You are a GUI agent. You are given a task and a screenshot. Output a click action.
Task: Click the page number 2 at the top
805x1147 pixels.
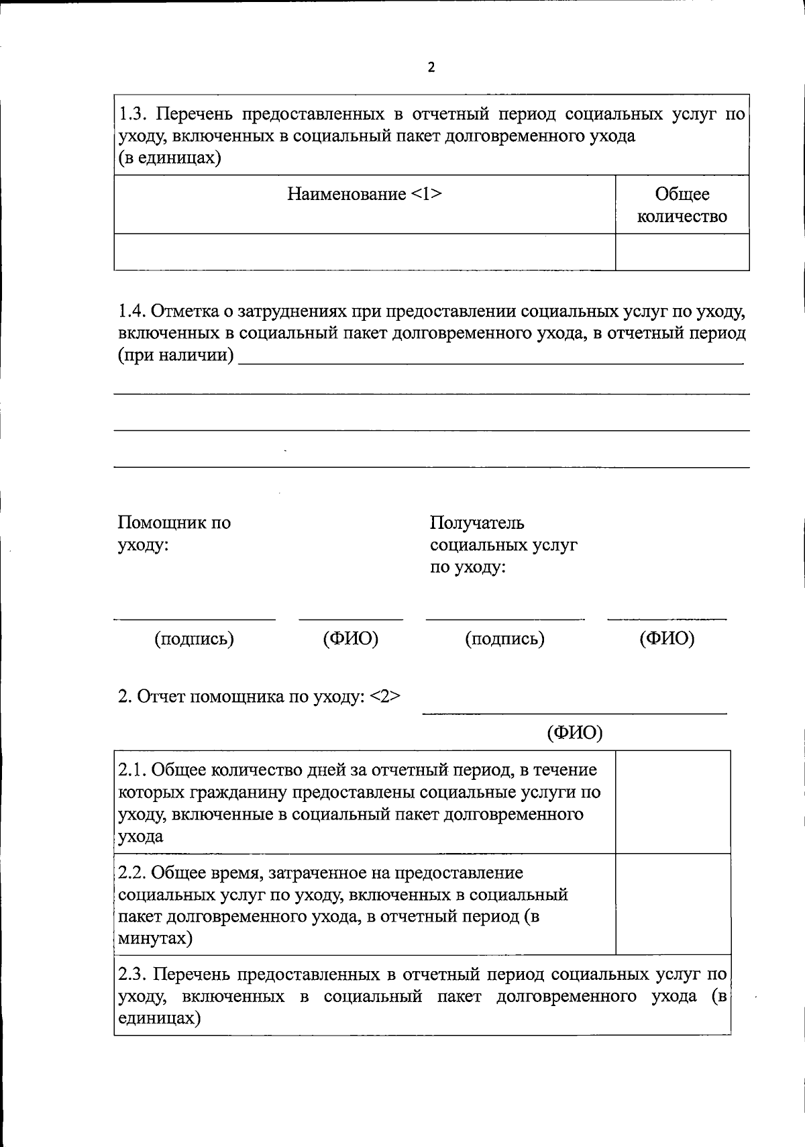click(431, 67)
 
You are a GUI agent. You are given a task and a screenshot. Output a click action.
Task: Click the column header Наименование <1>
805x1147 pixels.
click(364, 195)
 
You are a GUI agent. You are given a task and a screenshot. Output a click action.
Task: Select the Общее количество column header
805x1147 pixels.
click(682, 205)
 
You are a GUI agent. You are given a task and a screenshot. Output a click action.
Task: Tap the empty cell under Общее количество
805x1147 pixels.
click(682, 252)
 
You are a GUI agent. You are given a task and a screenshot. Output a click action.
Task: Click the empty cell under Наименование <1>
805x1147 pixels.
click(364, 252)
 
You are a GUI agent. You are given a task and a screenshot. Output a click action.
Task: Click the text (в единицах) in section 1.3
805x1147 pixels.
click(170, 158)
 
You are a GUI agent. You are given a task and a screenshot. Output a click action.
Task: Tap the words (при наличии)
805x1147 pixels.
click(176, 355)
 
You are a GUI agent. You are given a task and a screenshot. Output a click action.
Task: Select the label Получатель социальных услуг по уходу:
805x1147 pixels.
click(502, 544)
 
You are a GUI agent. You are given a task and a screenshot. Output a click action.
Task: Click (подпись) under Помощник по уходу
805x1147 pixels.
click(194, 638)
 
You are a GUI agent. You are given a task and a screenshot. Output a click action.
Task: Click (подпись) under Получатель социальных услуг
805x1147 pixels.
click(504, 638)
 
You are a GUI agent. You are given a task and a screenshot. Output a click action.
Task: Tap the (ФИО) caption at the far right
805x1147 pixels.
click(667, 638)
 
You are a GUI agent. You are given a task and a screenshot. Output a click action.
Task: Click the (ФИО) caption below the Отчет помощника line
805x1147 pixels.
click(575, 733)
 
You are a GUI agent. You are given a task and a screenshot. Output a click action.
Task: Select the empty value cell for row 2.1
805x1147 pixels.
click(672, 802)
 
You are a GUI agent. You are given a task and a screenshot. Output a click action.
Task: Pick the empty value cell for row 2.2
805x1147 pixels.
click(672, 904)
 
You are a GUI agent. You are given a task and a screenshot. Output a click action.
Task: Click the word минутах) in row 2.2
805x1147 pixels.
click(155, 938)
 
